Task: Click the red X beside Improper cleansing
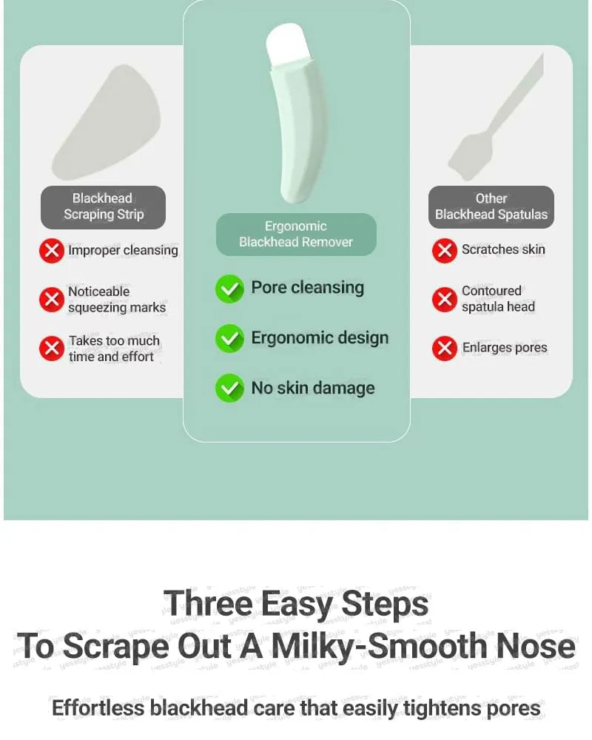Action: tap(52, 250)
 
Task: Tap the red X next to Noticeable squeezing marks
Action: tap(52, 299)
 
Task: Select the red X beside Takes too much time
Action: tap(52, 349)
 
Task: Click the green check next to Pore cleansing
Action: tap(229, 289)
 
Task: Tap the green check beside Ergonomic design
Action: tap(229, 338)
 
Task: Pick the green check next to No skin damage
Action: tap(229, 388)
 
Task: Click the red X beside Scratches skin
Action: tap(444, 250)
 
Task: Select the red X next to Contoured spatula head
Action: tap(444, 299)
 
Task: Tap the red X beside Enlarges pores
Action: tap(444, 349)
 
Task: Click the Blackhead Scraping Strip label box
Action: tap(103, 207)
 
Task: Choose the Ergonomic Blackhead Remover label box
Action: tap(296, 235)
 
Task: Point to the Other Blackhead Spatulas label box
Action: tap(491, 206)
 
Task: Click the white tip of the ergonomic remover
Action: tap(287, 44)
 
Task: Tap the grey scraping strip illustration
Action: tap(107, 123)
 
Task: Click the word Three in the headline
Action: tap(208, 604)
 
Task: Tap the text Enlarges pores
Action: tap(505, 348)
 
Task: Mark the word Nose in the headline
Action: tap(534, 645)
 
